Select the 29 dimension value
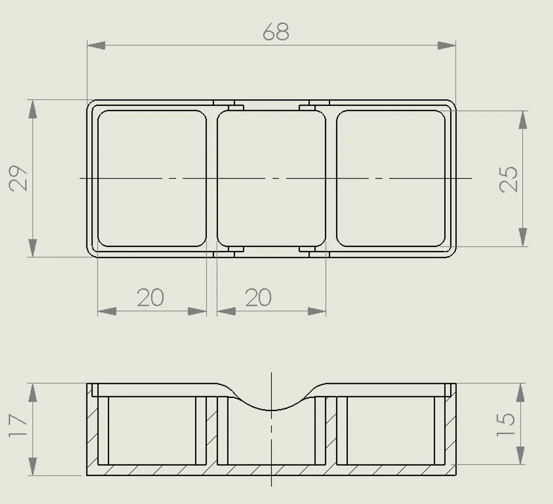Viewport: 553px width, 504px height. (19, 178)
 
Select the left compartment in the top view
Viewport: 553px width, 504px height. (152, 178)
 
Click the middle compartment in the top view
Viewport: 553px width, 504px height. (271, 178)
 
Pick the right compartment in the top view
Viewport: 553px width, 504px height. (390, 178)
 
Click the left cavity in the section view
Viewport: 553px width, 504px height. (152, 430)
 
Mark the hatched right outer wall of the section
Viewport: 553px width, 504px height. (451, 430)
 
